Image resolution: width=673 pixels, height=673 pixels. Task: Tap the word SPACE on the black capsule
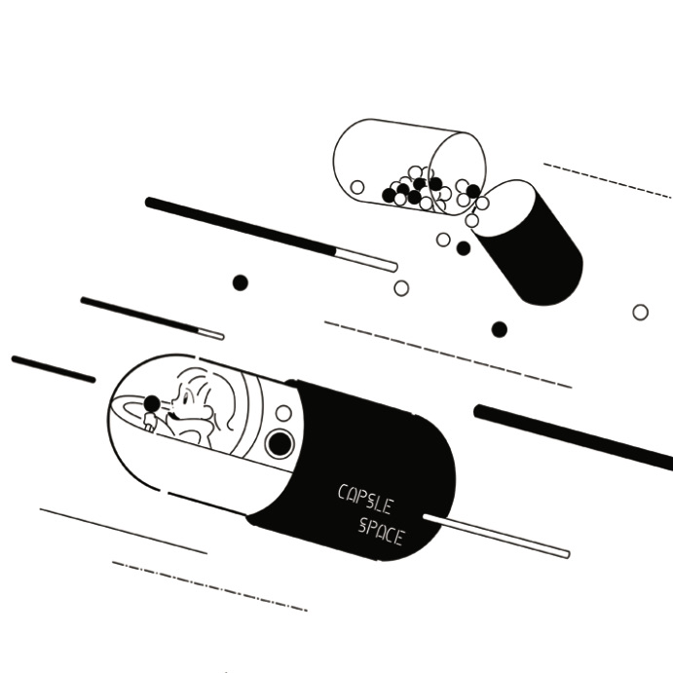(x=380, y=531)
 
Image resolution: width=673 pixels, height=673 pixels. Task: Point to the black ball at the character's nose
(x=152, y=403)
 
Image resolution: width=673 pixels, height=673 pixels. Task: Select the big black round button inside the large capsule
(x=280, y=444)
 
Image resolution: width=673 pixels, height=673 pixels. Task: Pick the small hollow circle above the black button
(x=283, y=413)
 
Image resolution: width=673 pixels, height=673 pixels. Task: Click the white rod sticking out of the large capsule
(x=497, y=537)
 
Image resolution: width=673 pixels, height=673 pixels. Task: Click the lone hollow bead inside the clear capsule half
(x=357, y=187)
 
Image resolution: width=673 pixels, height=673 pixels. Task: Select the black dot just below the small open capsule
(x=464, y=248)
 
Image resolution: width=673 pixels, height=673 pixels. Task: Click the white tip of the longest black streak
(x=366, y=259)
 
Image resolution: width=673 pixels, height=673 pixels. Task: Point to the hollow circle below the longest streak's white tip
(x=401, y=288)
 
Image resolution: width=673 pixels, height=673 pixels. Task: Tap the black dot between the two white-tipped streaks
(x=240, y=282)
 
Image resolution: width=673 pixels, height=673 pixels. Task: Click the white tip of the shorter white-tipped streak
(x=209, y=334)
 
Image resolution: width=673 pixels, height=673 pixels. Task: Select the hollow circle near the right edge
(x=640, y=313)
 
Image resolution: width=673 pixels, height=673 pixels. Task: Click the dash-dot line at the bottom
(x=209, y=586)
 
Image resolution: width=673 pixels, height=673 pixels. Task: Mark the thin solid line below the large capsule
(x=123, y=531)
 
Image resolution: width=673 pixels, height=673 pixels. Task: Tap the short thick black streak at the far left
(x=54, y=369)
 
